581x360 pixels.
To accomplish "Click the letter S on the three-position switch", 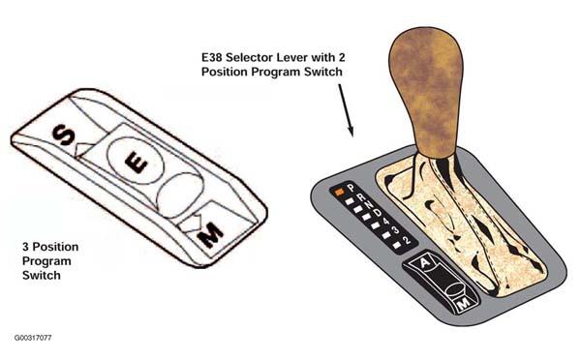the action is tap(63, 135).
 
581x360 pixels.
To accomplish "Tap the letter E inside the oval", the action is tap(136, 163).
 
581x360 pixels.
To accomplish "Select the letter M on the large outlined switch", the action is tap(210, 235).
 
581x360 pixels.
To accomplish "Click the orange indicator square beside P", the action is tap(340, 192).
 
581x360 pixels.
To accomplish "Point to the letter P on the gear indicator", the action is tap(351, 188).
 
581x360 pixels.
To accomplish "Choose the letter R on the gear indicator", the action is tap(361, 197).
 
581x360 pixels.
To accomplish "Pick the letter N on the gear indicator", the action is tap(369, 205).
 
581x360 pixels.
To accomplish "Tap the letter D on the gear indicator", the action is tap(378, 213).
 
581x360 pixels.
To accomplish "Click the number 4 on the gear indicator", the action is tap(386, 222).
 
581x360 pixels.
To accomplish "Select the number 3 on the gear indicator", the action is tap(396, 230).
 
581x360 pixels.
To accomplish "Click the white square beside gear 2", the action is tap(397, 245).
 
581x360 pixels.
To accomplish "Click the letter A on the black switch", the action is tap(425, 263).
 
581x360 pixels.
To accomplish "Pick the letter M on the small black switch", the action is tap(464, 303).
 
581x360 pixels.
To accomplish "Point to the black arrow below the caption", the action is tap(346, 110).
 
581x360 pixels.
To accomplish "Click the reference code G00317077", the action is tap(33, 338).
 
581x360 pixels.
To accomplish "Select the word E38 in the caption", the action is tap(211, 57).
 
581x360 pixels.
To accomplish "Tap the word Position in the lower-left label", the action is tap(55, 247).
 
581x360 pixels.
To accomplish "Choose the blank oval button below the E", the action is tap(180, 195).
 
